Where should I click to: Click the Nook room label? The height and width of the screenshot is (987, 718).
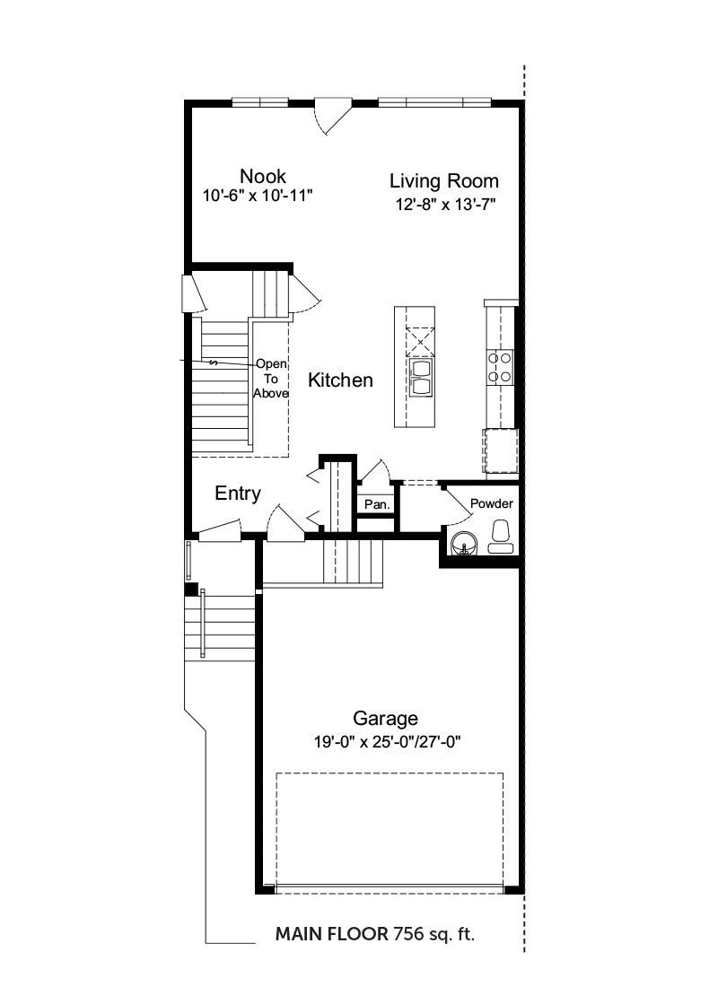point(263,176)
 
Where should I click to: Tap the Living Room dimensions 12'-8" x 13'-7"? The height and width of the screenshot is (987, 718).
point(445,205)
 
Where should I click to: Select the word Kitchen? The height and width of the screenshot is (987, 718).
point(340,380)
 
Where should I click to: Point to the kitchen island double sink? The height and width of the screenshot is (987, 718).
point(421,377)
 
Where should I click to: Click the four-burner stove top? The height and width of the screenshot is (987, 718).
point(500,368)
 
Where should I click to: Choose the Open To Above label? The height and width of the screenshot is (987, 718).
point(271,379)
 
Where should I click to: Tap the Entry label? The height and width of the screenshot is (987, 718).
point(238,493)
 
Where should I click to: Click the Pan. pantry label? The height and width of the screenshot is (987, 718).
point(377,504)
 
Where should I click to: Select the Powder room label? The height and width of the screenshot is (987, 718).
point(491,503)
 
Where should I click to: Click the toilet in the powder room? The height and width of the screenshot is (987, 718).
point(502,537)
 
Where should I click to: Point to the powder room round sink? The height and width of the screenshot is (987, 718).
point(464,543)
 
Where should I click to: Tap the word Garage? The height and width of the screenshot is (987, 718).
point(385,718)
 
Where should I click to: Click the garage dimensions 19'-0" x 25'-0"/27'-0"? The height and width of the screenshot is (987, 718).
point(388,742)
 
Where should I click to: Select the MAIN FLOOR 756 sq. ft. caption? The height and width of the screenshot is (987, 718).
point(375,934)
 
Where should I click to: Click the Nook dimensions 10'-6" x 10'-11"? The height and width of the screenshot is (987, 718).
point(258,196)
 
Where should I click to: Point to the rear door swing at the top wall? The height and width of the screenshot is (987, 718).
point(333,117)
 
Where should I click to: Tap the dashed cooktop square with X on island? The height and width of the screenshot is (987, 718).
point(420,342)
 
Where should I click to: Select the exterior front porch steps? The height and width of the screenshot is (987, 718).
point(220,627)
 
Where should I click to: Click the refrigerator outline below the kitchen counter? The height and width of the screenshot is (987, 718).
point(501,450)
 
